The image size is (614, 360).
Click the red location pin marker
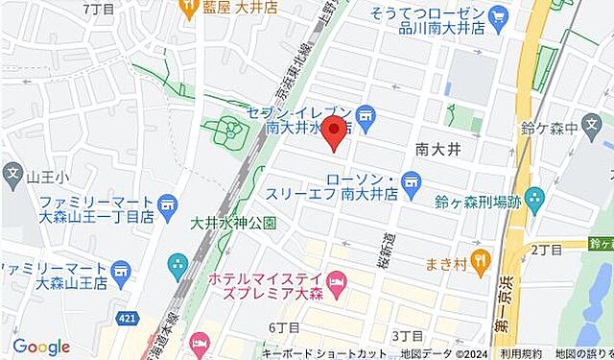[x=333, y=132]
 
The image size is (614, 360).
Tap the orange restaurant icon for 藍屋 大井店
[x=184, y=8]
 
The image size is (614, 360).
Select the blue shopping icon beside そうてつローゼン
[x=497, y=16]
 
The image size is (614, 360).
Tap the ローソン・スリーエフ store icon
[x=413, y=180]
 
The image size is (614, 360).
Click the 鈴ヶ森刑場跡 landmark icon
[x=534, y=201]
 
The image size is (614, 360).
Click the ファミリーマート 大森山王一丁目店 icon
[x=168, y=204]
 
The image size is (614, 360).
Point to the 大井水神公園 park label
[x=233, y=223]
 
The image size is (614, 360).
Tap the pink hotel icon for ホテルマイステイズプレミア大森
[x=335, y=279]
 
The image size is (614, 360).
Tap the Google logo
[x=40, y=347]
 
